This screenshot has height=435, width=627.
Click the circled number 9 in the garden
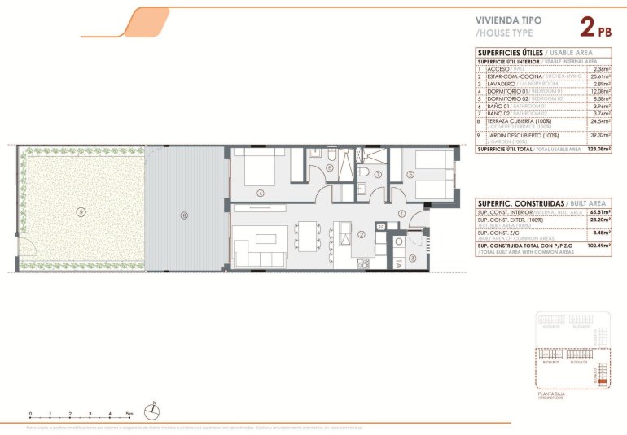(x=80, y=211)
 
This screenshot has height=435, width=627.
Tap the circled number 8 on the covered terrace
(x=185, y=215)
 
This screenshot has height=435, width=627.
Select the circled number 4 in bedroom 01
(x=260, y=193)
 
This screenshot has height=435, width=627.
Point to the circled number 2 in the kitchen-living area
(x=360, y=236)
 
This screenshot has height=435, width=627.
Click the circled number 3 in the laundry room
(x=412, y=258)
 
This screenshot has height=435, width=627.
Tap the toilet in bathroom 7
(x=366, y=173)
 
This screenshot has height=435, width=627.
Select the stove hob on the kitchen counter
(x=362, y=263)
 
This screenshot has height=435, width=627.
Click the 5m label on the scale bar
(x=129, y=414)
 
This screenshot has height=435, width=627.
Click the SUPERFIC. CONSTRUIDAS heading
(x=511, y=202)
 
